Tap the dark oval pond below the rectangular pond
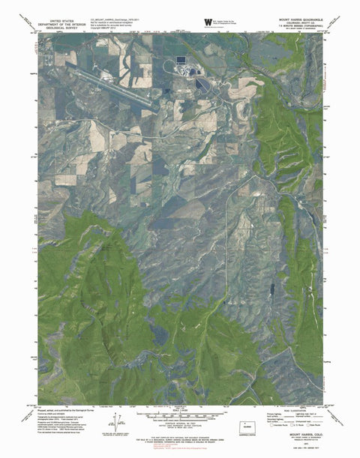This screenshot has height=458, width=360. point(200,85)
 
